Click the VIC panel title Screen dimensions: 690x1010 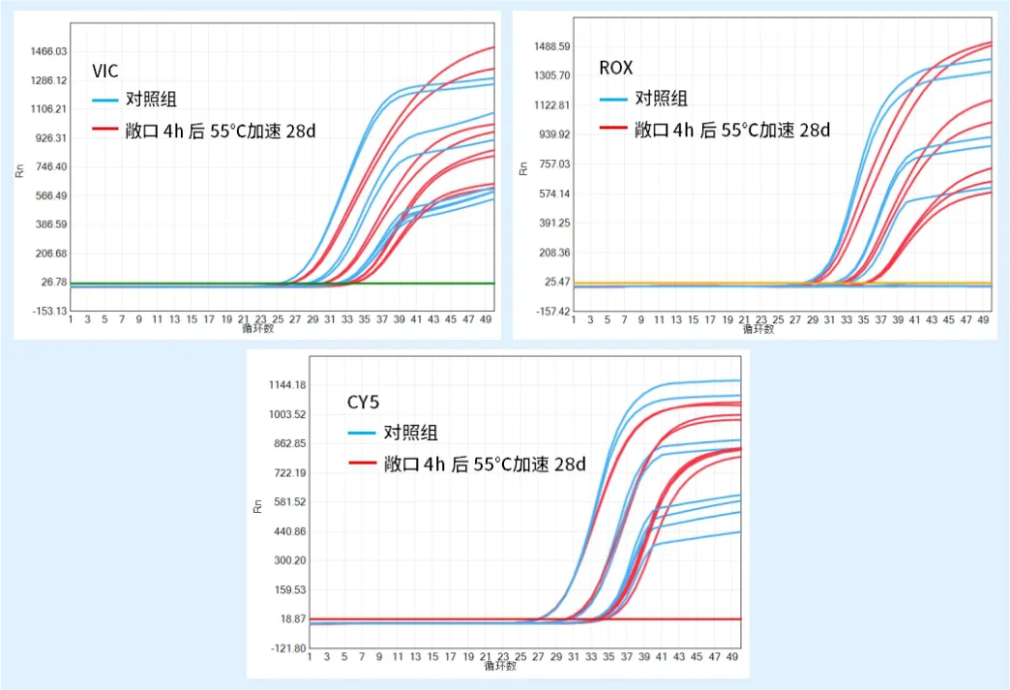coord(105,71)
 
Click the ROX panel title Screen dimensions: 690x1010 coord(615,68)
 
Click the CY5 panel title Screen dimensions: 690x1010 coord(366,403)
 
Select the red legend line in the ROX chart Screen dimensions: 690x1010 coord(612,129)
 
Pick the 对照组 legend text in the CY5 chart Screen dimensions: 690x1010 coord(410,434)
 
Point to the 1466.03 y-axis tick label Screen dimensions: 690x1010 coord(47,51)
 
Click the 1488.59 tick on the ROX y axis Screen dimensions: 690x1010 coord(553,46)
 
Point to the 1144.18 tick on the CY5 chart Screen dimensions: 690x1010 coord(286,385)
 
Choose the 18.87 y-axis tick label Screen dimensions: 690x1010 coord(292,619)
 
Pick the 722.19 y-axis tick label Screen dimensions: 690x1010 coord(288,473)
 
